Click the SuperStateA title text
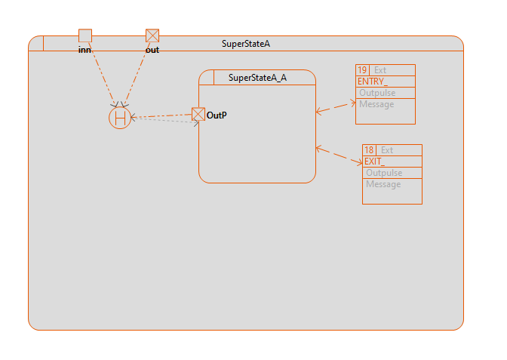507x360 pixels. click(246, 44)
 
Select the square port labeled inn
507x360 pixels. click(85, 35)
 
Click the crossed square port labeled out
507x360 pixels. click(152, 35)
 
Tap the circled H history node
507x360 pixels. click(120, 118)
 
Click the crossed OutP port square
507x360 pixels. click(198, 114)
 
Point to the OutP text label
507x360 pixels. click(217, 115)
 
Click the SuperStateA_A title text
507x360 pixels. click(257, 77)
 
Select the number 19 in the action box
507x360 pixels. click(362, 70)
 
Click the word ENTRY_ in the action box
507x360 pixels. click(372, 82)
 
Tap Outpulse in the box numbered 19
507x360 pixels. click(376, 93)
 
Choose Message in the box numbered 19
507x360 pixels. click(376, 104)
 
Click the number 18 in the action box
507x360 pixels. click(369, 150)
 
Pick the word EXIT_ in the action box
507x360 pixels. click(374, 162)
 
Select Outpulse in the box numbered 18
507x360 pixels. click(383, 173)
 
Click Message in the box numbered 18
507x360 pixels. click(383, 184)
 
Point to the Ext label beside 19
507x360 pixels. click(380, 70)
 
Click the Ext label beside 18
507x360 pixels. click(387, 150)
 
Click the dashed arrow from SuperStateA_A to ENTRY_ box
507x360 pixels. click(335, 107)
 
